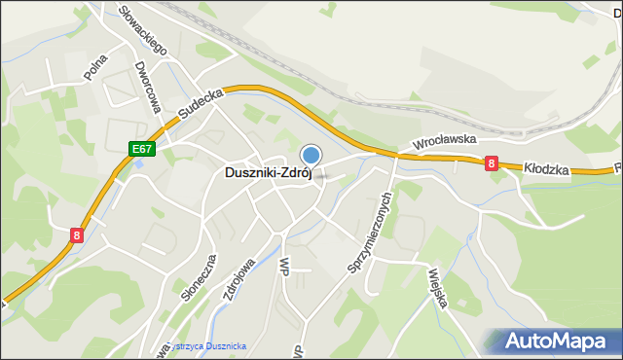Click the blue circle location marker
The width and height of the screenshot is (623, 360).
coord(311,155)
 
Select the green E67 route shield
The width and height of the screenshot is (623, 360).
coord(142,149)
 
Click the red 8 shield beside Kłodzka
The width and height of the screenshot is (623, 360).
coord(492,165)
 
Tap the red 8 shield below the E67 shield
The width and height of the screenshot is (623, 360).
coord(77,234)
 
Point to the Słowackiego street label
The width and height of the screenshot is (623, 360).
coord(142,29)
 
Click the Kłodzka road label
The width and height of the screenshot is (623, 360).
coord(546,168)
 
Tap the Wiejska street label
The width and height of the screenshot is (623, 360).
coord(435,289)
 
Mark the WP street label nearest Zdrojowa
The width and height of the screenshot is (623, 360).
coord(284,266)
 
